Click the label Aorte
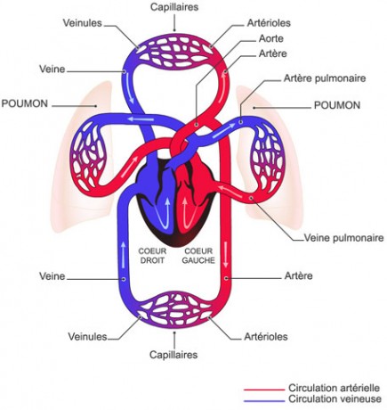(x=271, y=38)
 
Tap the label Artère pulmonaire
(x=325, y=78)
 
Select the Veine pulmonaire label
(x=344, y=238)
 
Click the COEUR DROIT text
(x=152, y=256)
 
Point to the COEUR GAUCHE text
(x=198, y=256)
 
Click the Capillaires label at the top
(x=174, y=7)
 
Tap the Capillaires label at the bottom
(x=173, y=355)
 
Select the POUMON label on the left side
(x=25, y=103)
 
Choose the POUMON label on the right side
(x=337, y=105)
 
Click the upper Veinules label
(x=82, y=23)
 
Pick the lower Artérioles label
(x=266, y=337)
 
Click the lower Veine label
(x=52, y=276)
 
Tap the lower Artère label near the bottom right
(x=298, y=275)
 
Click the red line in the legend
(x=264, y=389)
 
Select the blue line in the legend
(x=264, y=401)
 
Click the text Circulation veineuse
(x=335, y=398)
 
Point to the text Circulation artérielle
(x=334, y=388)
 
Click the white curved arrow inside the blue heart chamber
(x=163, y=217)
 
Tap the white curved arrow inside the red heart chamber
(x=189, y=217)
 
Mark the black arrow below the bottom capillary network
(x=174, y=340)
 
